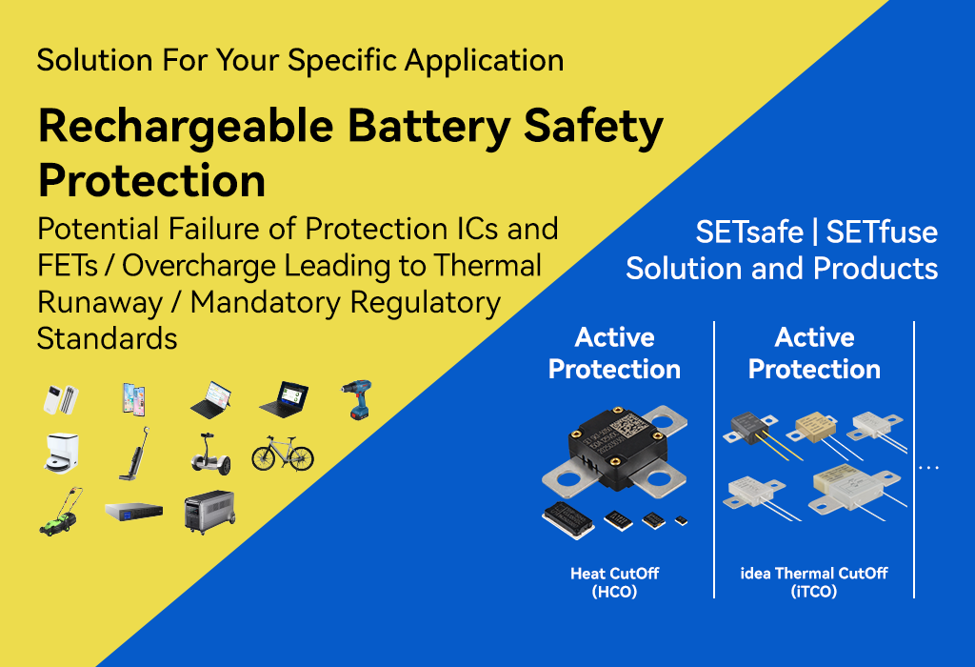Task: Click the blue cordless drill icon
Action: tap(356, 399)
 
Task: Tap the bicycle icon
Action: tap(283, 454)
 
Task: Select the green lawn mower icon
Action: tap(60, 512)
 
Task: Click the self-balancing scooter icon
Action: tap(210, 454)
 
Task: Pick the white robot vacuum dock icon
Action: tap(62, 453)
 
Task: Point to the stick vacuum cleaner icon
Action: tap(134, 454)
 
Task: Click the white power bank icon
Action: tap(61, 399)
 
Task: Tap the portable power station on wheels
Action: tap(210, 512)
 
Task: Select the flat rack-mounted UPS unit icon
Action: tap(133, 512)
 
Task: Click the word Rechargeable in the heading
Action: tap(186, 127)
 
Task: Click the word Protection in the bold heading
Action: tap(151, 180)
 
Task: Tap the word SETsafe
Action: tap(748, 232)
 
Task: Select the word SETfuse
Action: tap(882, 232)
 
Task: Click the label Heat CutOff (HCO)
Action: tap(614, 582)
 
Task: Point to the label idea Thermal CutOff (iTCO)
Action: tap(814, 582)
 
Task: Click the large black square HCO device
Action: tap(615, 451)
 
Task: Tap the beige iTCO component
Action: tap(816, 430)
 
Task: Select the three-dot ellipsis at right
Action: tap(928, 467)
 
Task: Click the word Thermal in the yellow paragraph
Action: tap(487, 266)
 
